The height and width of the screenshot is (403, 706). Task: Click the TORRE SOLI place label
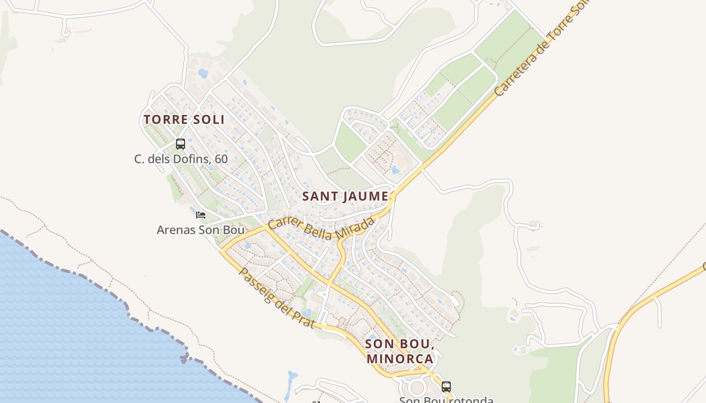pyautogui.click(x=184, y=120)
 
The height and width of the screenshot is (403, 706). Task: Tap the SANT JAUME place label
pyautogui.click(x=345, y=196)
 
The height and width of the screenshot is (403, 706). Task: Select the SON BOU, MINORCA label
pyautogui.click(x=399, y=351)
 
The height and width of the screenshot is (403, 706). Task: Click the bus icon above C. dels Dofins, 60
pyautogui.click(x=181, y=144)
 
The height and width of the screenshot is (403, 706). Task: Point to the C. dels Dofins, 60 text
pyautogui.click(x=181, y=159)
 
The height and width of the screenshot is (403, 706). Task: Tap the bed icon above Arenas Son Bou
pyautogui.click(x=201, y=215)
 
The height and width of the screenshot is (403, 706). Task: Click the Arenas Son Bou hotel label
pyautogui.click(x=201, y=230)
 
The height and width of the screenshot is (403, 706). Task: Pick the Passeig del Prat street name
pyautogui.click(x=276, y=298)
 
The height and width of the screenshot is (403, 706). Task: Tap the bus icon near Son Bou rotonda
pyautogui.click(x=446, y=387)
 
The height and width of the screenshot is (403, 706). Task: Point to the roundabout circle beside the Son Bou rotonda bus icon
pyautogui.click(x=417, y=388)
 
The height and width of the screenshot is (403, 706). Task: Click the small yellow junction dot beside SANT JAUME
pyautogui.click(x=391, y=198)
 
